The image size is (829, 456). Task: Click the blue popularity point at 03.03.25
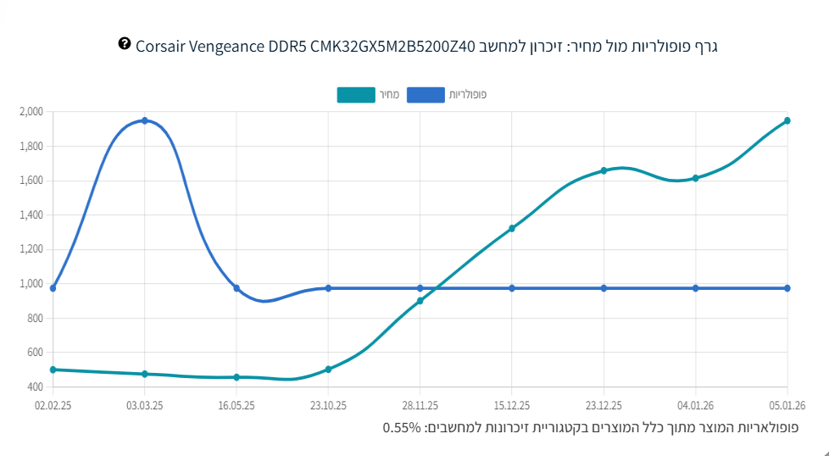(x=145, y=120)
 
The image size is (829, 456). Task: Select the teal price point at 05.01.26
(x=787, y=120)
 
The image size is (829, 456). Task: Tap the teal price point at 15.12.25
(x=512, y=228)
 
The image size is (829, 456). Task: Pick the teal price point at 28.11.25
(x=420, y=301)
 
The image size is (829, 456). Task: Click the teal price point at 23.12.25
(x=604, y=170)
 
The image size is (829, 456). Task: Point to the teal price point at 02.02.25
(x=53, y=370)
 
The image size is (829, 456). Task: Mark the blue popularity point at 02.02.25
(x=53, y=288)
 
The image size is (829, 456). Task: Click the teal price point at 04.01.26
(x=695, y=178)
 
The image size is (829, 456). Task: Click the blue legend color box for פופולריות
(x=426, y=95)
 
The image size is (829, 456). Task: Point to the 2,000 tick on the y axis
(x=31, y=112)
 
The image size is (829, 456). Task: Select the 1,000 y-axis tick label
(x=31, y=284)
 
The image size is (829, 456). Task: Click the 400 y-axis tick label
(x=35, y=387)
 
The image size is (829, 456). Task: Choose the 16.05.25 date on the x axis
(x=236, y=406)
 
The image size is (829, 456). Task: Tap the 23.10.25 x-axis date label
(x=328, y=406)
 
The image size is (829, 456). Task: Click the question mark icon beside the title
(x=125, y=43)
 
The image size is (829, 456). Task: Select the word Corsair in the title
(x=161, y=45)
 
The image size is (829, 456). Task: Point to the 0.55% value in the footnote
(x=402, y=427)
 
